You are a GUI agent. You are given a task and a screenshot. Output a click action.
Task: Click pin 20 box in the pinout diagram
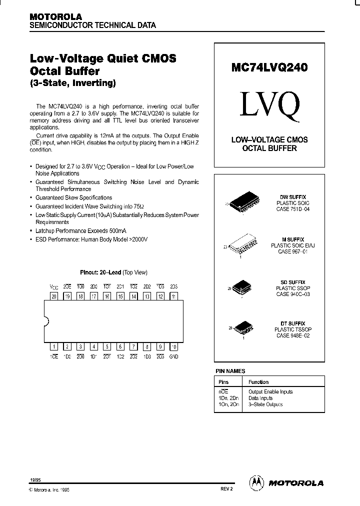(54, 296)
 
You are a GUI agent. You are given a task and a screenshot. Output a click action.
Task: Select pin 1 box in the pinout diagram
(54, 346)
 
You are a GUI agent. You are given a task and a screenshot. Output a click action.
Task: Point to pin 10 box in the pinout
(173, 346)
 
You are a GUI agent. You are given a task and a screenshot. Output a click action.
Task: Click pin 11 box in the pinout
(173, 296)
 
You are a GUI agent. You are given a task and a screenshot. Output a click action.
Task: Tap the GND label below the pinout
(173, 356)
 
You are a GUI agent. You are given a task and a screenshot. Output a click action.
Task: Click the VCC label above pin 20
(54, 287)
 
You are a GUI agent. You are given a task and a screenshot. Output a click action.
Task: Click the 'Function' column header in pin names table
(258, 382)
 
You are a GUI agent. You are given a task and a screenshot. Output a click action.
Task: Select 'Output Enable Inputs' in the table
(270, 391)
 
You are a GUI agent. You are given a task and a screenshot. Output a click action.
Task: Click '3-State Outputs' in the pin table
(265, 404)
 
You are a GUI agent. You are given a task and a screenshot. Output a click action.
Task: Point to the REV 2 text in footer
(226, 490)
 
